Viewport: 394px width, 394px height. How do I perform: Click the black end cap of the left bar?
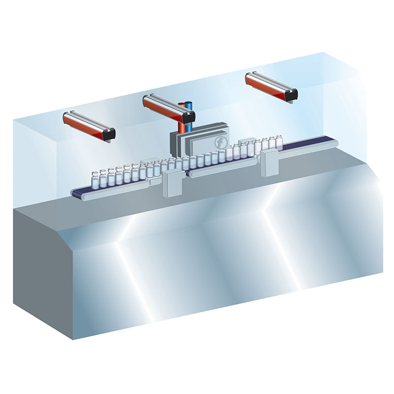[109, 133]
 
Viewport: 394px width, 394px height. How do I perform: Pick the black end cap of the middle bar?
[189, 117]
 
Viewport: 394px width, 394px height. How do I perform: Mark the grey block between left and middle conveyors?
[173, 184]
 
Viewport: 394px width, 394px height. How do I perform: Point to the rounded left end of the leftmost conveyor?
[76, 194]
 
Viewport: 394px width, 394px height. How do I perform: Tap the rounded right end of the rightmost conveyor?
[334, 142]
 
